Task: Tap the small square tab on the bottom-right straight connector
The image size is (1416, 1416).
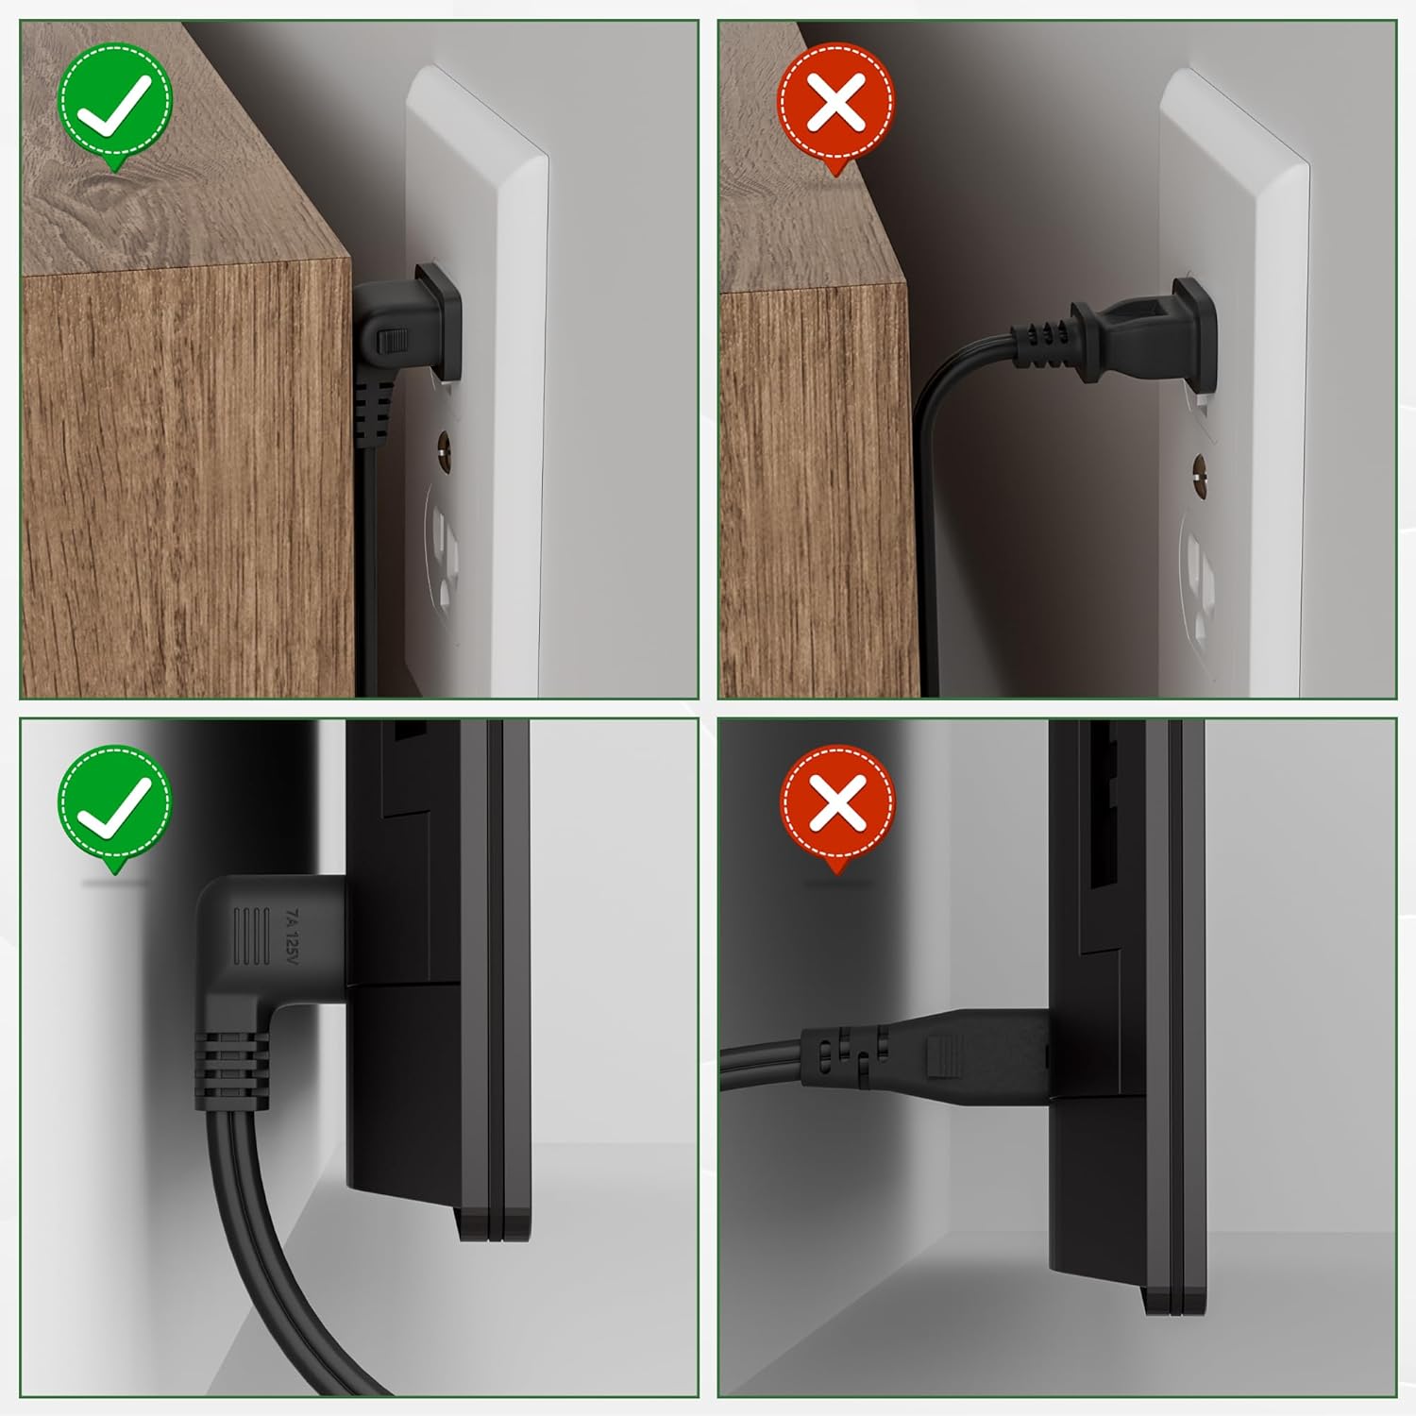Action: (x=947, y=1055)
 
